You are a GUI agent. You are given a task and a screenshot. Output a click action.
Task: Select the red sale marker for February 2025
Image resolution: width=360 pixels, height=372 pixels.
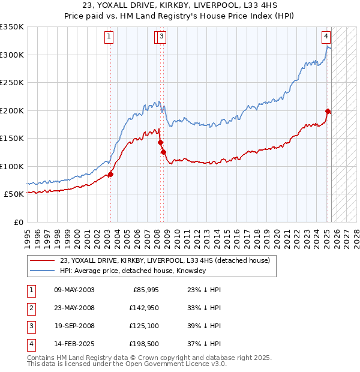coord(328,111)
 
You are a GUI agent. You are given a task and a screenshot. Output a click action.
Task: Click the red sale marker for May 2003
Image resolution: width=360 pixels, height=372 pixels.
coord(110,174)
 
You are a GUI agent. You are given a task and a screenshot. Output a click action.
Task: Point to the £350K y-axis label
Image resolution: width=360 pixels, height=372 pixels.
coord(12,27)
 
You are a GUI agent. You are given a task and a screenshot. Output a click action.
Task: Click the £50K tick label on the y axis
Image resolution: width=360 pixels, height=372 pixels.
coord(14,194)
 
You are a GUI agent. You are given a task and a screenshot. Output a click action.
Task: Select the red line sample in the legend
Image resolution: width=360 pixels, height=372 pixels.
coord(43,260)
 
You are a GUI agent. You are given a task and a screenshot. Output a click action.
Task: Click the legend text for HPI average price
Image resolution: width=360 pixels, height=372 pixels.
coord(133,271)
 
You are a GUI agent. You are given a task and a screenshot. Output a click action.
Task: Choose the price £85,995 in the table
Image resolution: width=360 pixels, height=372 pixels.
coord(143,290)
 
